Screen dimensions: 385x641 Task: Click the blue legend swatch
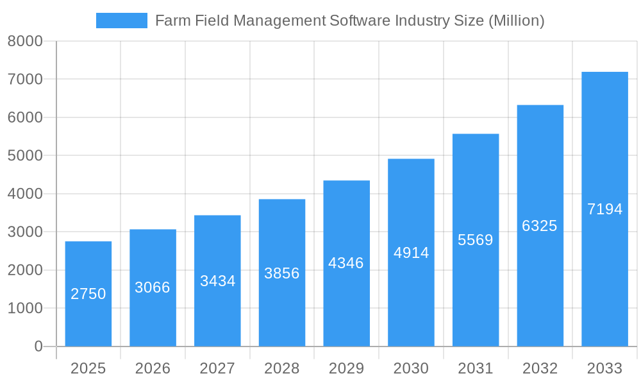pos(121,21)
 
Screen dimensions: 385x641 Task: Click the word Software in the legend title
pos(360,21)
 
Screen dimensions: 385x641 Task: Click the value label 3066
pos(153,287)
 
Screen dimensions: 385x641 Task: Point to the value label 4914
pos(411,253)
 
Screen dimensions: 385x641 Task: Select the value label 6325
pos(540,226)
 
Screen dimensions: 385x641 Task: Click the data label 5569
pos(476,240)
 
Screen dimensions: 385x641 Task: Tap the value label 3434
pos(217,281)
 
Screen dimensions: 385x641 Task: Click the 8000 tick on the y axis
pos(25,41)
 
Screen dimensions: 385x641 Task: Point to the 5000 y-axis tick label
pos(25,156)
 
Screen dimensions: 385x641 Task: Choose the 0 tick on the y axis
pos(38,346)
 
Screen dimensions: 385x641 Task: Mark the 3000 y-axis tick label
pos(25,232)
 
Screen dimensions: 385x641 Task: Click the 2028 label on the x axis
pos(282,368)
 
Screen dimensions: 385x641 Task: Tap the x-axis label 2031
pos(476,368)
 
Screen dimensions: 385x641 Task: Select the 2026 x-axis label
pos(153,368)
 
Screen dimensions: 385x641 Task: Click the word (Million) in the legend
pos(516,21)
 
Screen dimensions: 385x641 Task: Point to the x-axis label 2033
pos(604,368)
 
